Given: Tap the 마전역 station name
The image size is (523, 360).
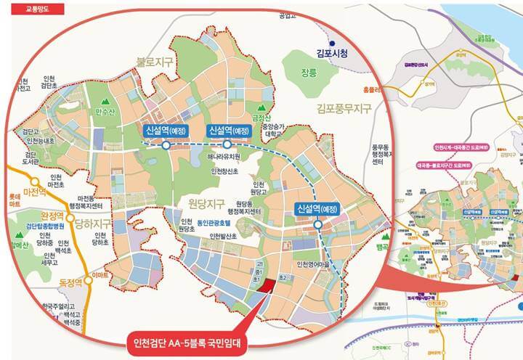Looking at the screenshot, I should (35, 194).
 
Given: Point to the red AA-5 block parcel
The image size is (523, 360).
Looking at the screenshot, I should (267, 285).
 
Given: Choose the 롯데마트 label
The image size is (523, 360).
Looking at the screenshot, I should (11, 200).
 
